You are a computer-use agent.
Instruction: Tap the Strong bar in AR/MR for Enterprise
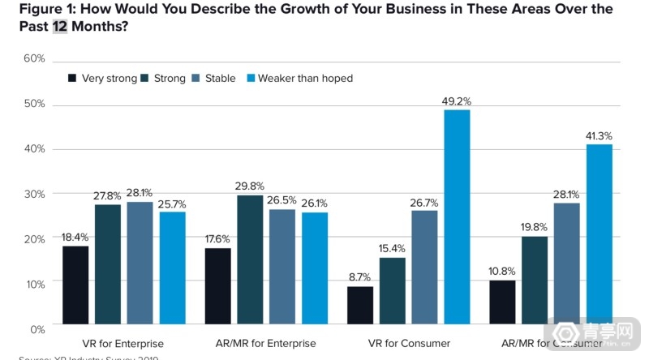250,259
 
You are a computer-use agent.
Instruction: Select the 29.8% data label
250,186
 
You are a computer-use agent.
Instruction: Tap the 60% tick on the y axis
34,59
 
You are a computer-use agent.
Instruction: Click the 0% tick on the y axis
37,329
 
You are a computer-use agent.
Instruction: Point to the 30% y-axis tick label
34,195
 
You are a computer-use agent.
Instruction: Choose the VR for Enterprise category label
123,344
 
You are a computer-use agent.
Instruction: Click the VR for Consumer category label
409,344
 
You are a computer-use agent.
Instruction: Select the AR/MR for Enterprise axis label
266,344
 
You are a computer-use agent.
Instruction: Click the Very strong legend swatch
72,79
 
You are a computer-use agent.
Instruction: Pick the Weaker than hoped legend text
305,79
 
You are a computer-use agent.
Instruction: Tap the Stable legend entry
213,79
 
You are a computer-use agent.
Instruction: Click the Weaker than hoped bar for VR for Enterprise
172,268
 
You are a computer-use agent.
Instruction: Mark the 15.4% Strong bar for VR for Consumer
393,291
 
